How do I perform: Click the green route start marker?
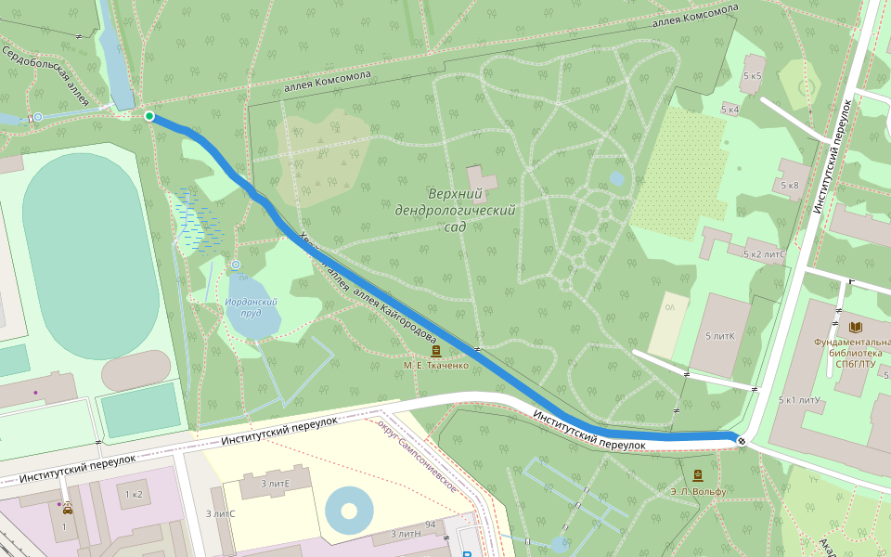click(x=149, y=115)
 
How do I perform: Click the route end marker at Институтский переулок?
click(x=741, y=440)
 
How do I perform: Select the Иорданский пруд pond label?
click(x=252, y=307)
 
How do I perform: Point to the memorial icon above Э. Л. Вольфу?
click(x=697, y=474)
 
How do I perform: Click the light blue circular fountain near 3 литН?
click(x=349, y=510)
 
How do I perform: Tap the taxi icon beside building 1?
click(x=68, y=508)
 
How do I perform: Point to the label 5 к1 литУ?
click(x=799, y=400)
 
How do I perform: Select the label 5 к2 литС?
click(x=764, y=254)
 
